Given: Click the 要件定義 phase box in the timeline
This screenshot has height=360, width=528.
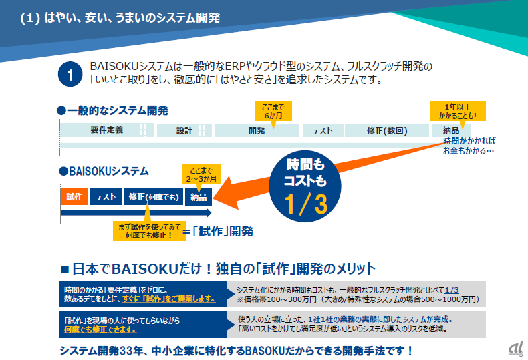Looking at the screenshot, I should click(x=107, y=130).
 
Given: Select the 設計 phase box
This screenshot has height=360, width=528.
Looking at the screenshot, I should click(x=184, y=130).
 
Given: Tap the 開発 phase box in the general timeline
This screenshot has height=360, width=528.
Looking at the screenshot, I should click(x=257, y=130).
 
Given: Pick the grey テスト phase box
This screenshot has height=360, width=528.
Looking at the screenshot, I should click(x=323, y=130).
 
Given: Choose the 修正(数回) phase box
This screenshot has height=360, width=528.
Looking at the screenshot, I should click(x=387, y=130).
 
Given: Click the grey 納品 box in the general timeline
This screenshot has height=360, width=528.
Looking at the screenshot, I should click(x=450, y=130).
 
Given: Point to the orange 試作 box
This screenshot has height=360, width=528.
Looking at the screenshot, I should click(x=74, y=196).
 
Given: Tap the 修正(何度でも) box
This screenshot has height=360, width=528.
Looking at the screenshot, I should click(x=154, y=196).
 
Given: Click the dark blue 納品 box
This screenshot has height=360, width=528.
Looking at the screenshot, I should click(x=199, y=196).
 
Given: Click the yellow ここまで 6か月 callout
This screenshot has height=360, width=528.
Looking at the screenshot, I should click(x=273, y=110).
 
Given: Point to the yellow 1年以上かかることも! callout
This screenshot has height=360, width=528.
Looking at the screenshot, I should click(x=457, y=111).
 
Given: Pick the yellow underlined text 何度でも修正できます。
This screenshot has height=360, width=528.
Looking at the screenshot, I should click(x=100, y=329).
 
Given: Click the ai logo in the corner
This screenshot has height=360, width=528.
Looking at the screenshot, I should click(x=515, y=348).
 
